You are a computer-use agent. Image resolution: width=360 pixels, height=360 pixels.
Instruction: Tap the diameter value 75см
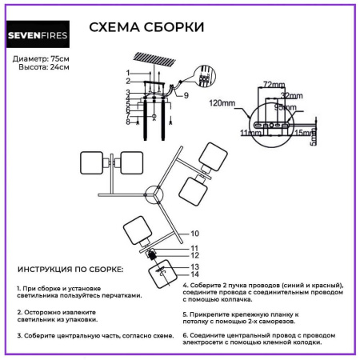59,59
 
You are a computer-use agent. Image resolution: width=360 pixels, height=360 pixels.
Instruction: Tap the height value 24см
59,67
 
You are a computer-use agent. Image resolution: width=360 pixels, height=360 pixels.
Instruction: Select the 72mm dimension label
274,84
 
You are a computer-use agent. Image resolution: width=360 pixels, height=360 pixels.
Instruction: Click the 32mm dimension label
290,94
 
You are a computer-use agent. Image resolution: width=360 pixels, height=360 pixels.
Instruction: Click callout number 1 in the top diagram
126,74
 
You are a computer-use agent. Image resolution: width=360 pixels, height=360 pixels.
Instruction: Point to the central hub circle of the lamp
153,195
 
